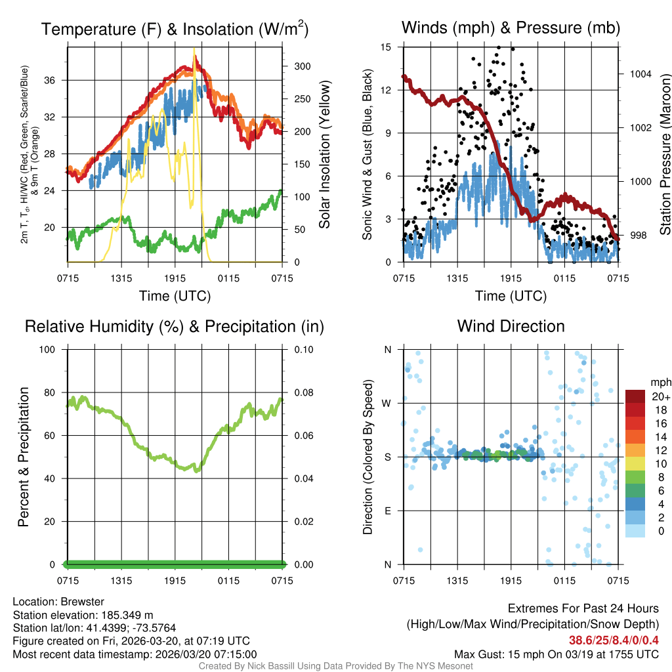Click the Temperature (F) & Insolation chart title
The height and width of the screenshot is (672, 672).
tap(175, 29)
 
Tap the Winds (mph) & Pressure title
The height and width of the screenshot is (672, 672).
tap(511, 28)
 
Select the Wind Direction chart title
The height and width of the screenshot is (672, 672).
tap(511, 326)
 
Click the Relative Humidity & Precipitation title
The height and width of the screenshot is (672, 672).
tap(175, 326)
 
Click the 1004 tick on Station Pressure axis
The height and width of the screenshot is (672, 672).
tap(640, 74)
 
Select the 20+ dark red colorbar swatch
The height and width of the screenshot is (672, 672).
tap(635, 396)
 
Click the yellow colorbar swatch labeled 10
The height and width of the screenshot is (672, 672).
tap(635, 467)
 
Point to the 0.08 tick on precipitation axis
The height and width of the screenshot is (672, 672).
tap(303, 392)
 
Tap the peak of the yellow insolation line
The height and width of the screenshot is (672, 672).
tap(194, 49)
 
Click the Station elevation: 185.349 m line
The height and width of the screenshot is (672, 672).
tap(83, 615)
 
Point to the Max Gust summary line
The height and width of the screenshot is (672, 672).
tap(556, 654)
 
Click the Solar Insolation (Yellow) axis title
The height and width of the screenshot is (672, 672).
tap(325, 154)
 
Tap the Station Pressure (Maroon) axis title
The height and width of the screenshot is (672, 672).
tap(664, 154)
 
